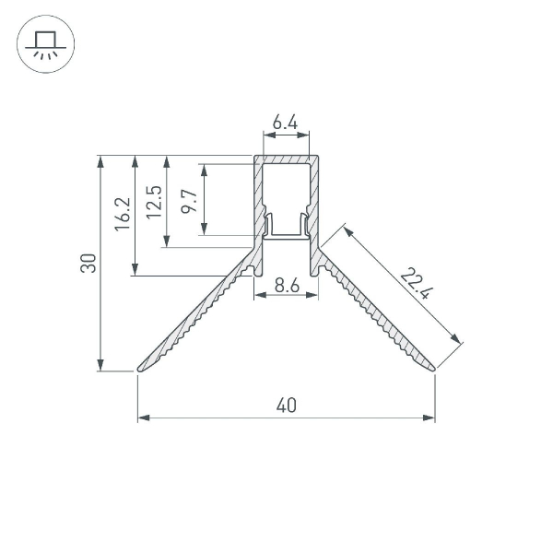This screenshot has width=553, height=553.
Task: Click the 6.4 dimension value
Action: tap(285, 123)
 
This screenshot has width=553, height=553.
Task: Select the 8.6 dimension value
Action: tap(287, 286)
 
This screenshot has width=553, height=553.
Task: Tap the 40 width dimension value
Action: tap(287, 406)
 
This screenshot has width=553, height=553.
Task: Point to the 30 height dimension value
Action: tap(88, 263)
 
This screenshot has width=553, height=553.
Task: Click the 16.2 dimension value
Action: tap(123, 214)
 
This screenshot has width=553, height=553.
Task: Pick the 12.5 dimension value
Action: tap(154, 202)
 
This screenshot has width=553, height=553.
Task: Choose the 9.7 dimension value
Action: tap(189, 201)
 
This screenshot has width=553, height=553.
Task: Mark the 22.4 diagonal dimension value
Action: tap(417, 283)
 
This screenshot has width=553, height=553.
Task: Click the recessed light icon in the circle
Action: tap(45, 44)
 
